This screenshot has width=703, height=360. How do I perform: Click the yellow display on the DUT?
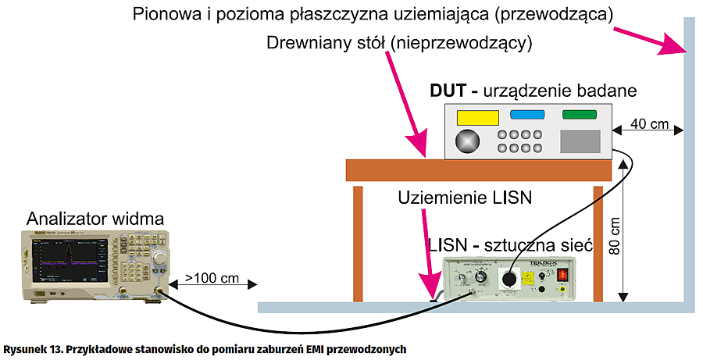[x=478, y=117]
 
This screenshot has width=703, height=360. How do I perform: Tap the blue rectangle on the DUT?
[x=529, y=115]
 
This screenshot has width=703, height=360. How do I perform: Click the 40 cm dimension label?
[x=648, y=124]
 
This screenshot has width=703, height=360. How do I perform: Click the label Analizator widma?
[x=93, y=217]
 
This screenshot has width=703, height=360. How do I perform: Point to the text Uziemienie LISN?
[x=465, y=198]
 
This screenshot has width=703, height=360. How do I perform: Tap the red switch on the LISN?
[x=562, y=275]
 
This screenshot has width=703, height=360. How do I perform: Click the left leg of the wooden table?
[x=357, y=242]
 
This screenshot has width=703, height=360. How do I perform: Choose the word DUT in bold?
[x=448, y=90]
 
